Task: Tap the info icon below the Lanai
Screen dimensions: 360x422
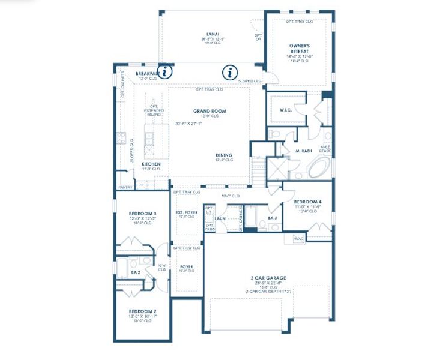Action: pyautogui.click(x=229, y=73)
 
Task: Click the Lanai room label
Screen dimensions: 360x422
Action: pyautogui.click(x=212, y=34)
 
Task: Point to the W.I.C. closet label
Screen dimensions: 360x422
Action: pyautogui.click(x=285, y=110)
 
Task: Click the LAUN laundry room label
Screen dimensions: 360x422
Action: pyautogui.click(x=220, y=218)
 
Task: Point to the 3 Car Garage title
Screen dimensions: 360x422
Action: pyautogui.click(x=268, y=278)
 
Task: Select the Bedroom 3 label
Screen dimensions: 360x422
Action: pyautogui.click(x=143, y=214)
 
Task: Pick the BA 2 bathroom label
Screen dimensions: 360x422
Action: pyautogui.click(x=135, y=272)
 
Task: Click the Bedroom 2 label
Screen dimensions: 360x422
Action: pyautogui.click(x=143, y=311)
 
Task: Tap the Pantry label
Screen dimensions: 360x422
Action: pyautogui.click(x=126, y=187)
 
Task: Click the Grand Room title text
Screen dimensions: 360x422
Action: pyautogui.click(x=205, y=111)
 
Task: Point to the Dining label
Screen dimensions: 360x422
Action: pyautogui.click(x=224, y=155)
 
